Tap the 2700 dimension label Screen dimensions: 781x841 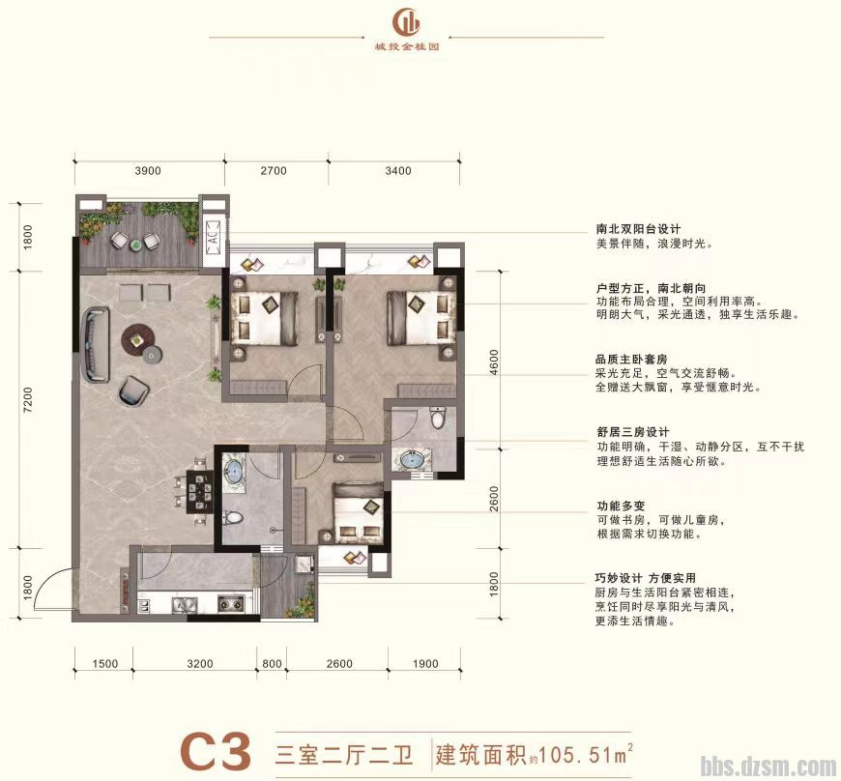point(274,171)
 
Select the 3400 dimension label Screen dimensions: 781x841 point(397,171)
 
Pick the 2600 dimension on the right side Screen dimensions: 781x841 point(494,505)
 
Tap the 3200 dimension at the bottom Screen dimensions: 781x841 point(199,664)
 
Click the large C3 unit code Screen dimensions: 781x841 point(217,752)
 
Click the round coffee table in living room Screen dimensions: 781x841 point(136,336)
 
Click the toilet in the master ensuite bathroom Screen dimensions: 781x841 point(438,419)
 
